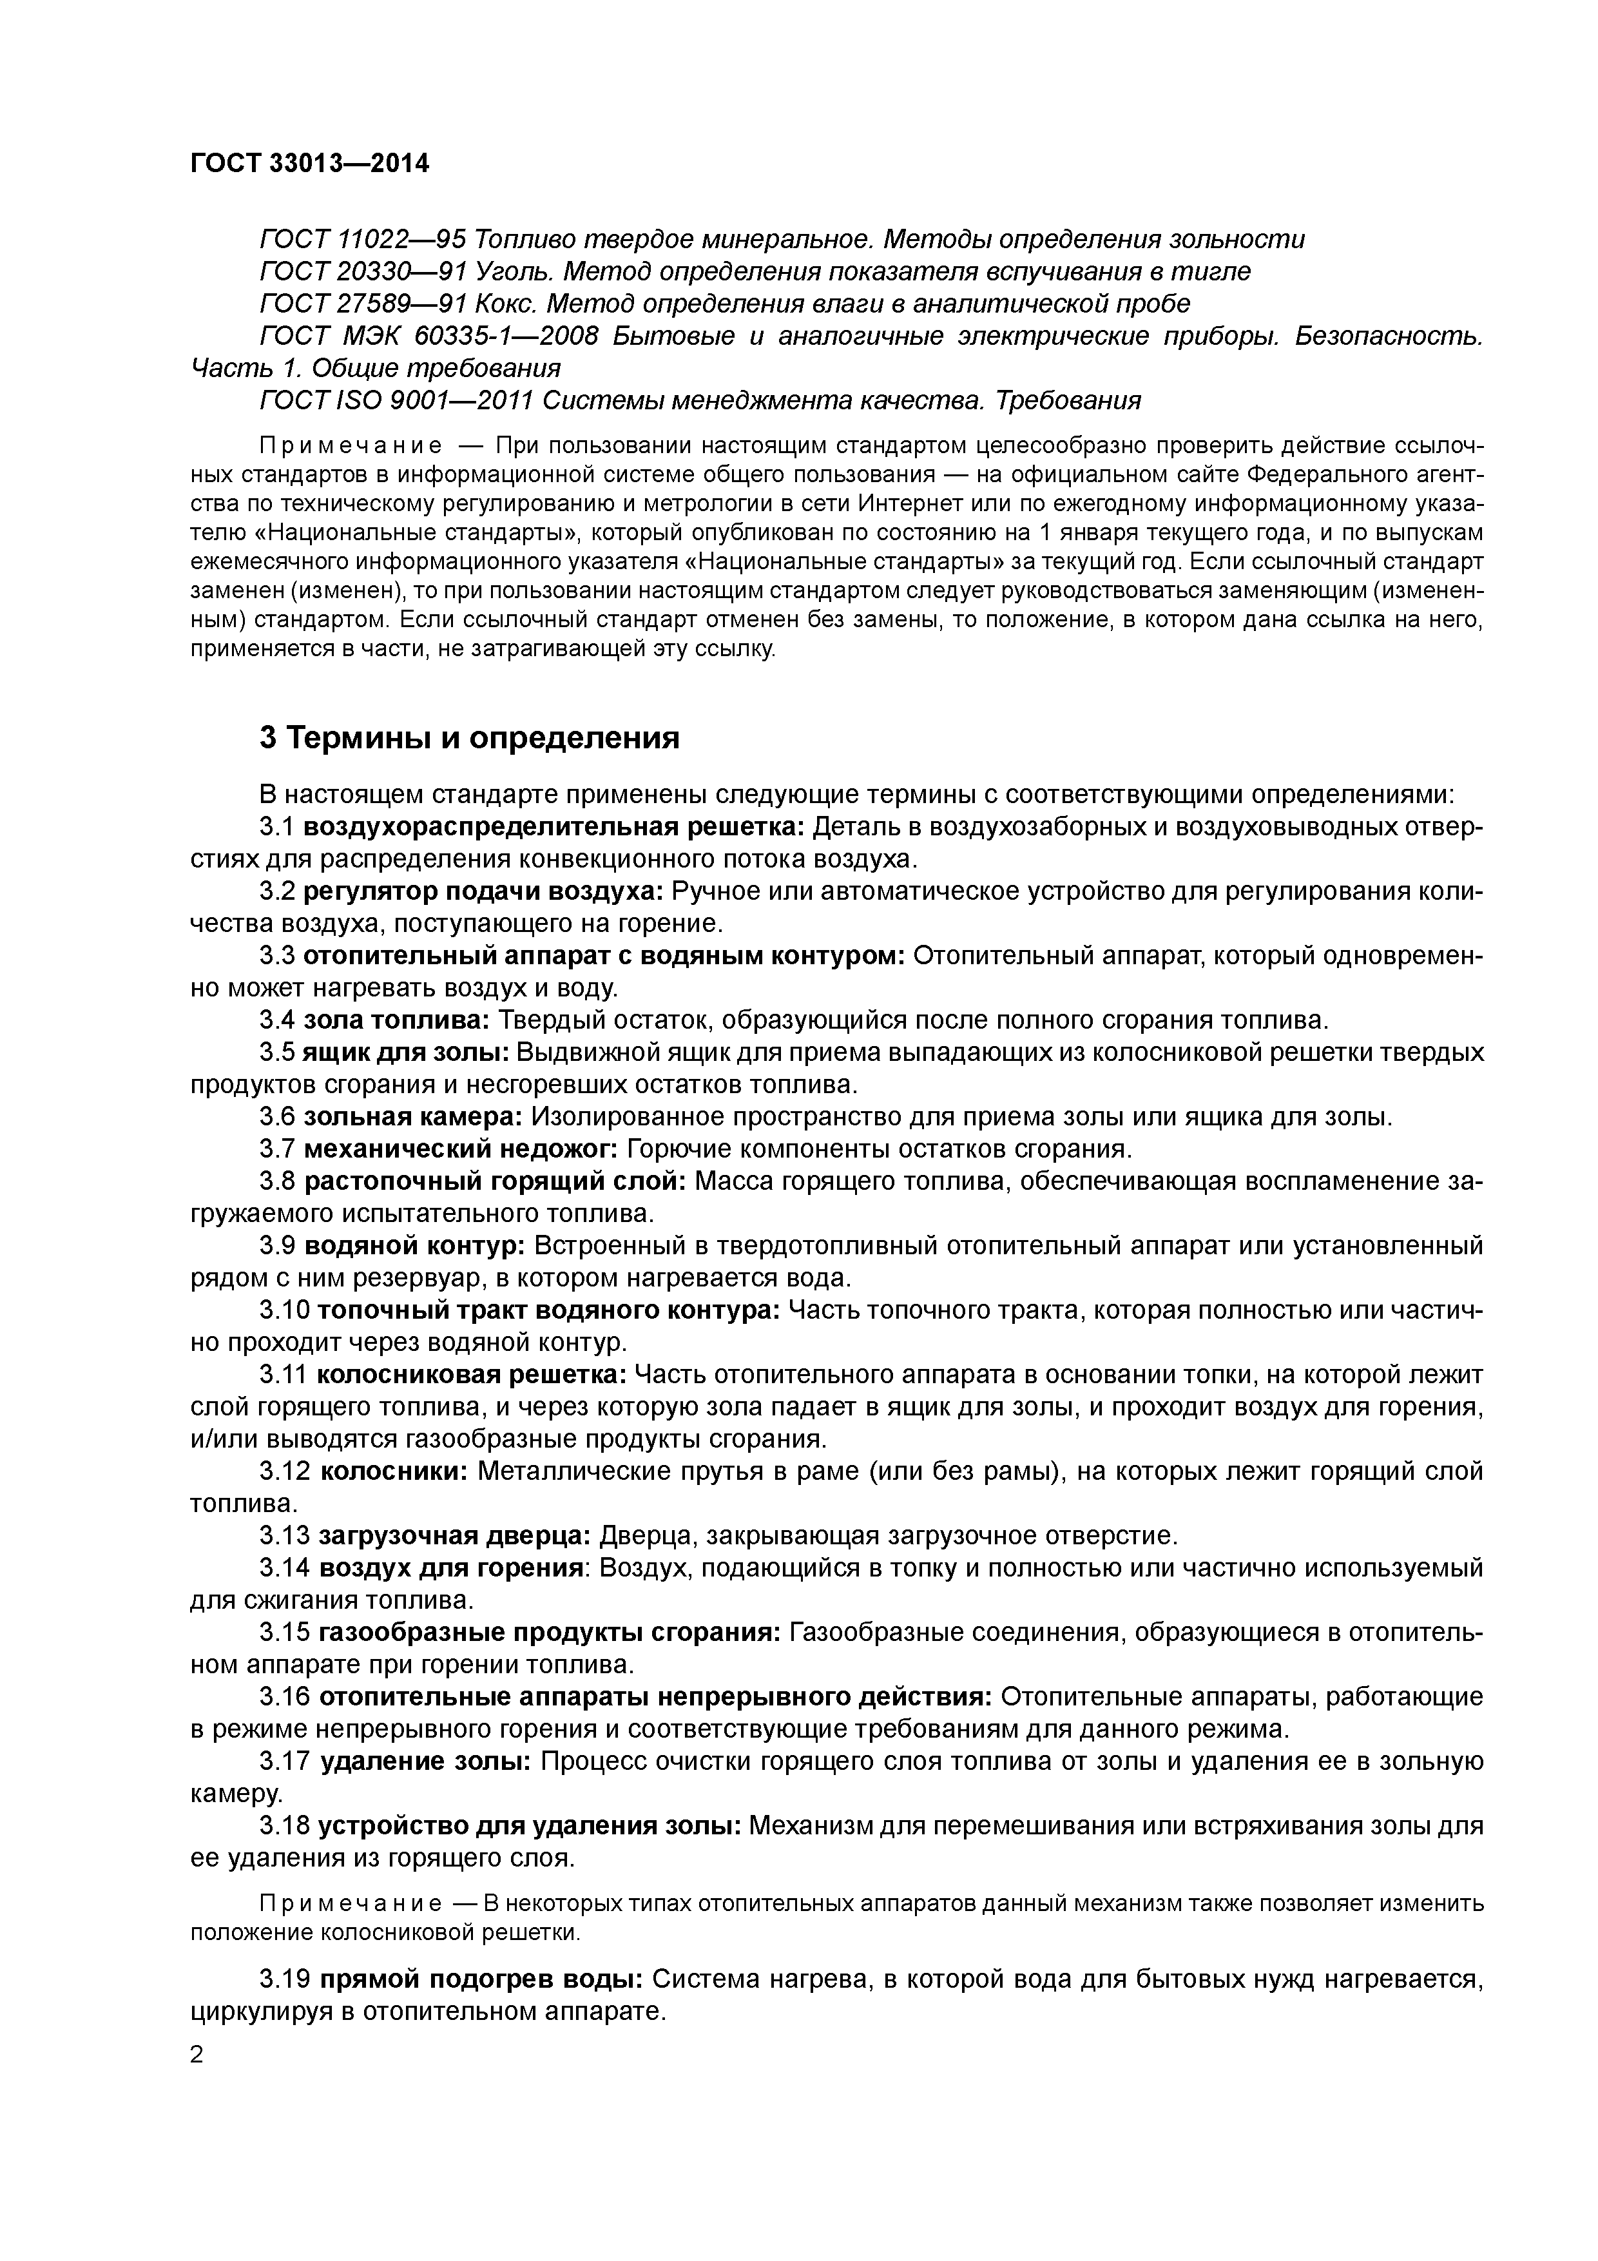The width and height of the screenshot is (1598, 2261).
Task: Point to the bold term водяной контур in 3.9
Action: [414, 1246]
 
